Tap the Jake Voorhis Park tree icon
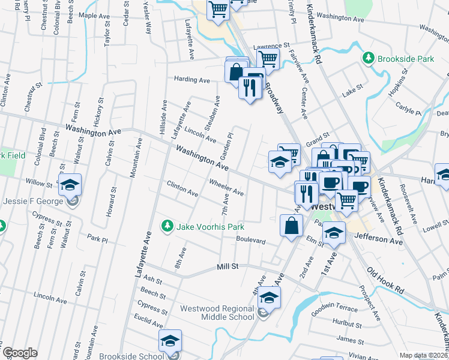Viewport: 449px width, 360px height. pos(167,226)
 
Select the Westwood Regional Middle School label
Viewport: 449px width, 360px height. pos(217,313)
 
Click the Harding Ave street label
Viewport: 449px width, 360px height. pos(192,79)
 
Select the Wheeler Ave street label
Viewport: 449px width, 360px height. pos(226,187)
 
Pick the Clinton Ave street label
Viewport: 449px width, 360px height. pos(182,189)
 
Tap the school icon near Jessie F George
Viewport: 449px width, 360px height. pos(70,184)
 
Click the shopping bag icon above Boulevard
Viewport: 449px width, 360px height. pos(291,226)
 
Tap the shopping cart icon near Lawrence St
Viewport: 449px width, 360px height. pos(268,58)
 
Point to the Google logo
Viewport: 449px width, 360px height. pos(20,353)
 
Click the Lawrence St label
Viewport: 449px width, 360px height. pos(271,46)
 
